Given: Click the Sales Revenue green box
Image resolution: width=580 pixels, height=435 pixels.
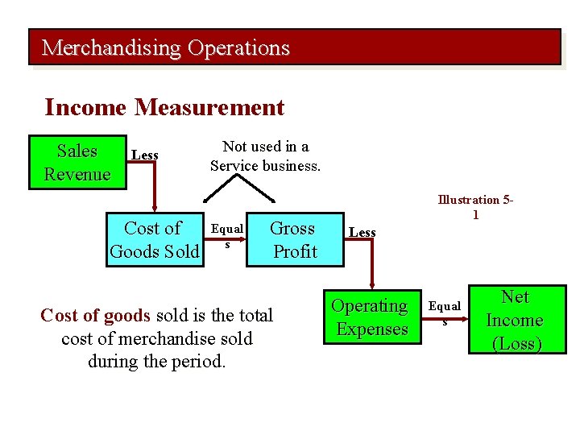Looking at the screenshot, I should click(77, 162).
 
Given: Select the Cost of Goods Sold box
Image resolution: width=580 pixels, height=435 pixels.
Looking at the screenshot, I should click(154, 239).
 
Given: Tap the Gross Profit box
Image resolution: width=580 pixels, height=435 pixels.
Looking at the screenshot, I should click(293, 239).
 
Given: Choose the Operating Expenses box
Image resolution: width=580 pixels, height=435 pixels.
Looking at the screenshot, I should click(371, 317).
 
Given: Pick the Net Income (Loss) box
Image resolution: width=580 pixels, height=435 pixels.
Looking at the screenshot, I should click(516, 320).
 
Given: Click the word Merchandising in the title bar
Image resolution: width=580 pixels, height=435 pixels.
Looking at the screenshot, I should click(112, 48).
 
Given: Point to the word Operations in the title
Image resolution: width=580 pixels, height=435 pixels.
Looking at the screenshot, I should click(238, 48).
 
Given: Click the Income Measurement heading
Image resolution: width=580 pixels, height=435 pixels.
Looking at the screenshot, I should click(164, 107).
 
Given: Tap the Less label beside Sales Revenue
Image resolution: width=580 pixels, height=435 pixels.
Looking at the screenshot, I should click(145, 155).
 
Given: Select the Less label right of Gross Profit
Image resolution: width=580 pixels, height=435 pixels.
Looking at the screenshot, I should click(362, 233).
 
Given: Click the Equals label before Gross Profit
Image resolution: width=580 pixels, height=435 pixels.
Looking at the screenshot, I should click(226, 234).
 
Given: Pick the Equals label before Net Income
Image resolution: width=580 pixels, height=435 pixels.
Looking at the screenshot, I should click(444, 313).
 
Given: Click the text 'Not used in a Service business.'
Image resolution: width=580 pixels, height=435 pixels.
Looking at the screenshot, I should click(265, 156).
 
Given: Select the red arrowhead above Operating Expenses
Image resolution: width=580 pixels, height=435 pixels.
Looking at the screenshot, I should click(371, 284).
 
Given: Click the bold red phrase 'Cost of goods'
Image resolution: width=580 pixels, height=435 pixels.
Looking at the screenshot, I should click(95, 315).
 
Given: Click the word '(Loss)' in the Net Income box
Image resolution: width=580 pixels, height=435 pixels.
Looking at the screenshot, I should click(517, 343).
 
